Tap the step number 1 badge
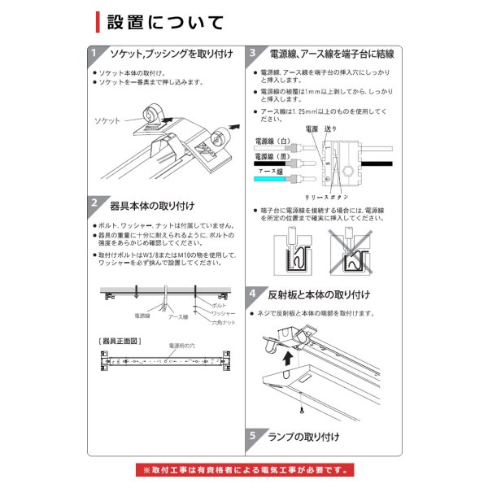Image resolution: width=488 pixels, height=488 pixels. coord(94,54)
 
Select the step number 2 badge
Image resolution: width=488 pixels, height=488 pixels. coord(94,203)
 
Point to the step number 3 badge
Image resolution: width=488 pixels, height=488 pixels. coord(254,54)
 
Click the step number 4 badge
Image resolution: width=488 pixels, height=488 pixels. coord(254,294)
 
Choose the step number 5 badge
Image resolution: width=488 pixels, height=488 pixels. coord(254,437)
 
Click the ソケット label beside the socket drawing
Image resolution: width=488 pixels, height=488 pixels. coord(107,120)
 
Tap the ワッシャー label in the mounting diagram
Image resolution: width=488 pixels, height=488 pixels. coord(223,313)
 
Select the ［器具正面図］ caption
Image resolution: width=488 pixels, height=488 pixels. coord(118,340)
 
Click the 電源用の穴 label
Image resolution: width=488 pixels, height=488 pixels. coord(183,346)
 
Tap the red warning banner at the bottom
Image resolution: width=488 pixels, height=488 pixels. coord(245,470)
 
